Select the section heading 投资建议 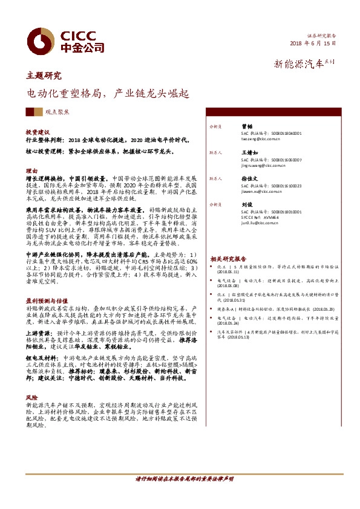(38, 131)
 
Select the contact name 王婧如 (250, 153)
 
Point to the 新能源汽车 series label (300, 63)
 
